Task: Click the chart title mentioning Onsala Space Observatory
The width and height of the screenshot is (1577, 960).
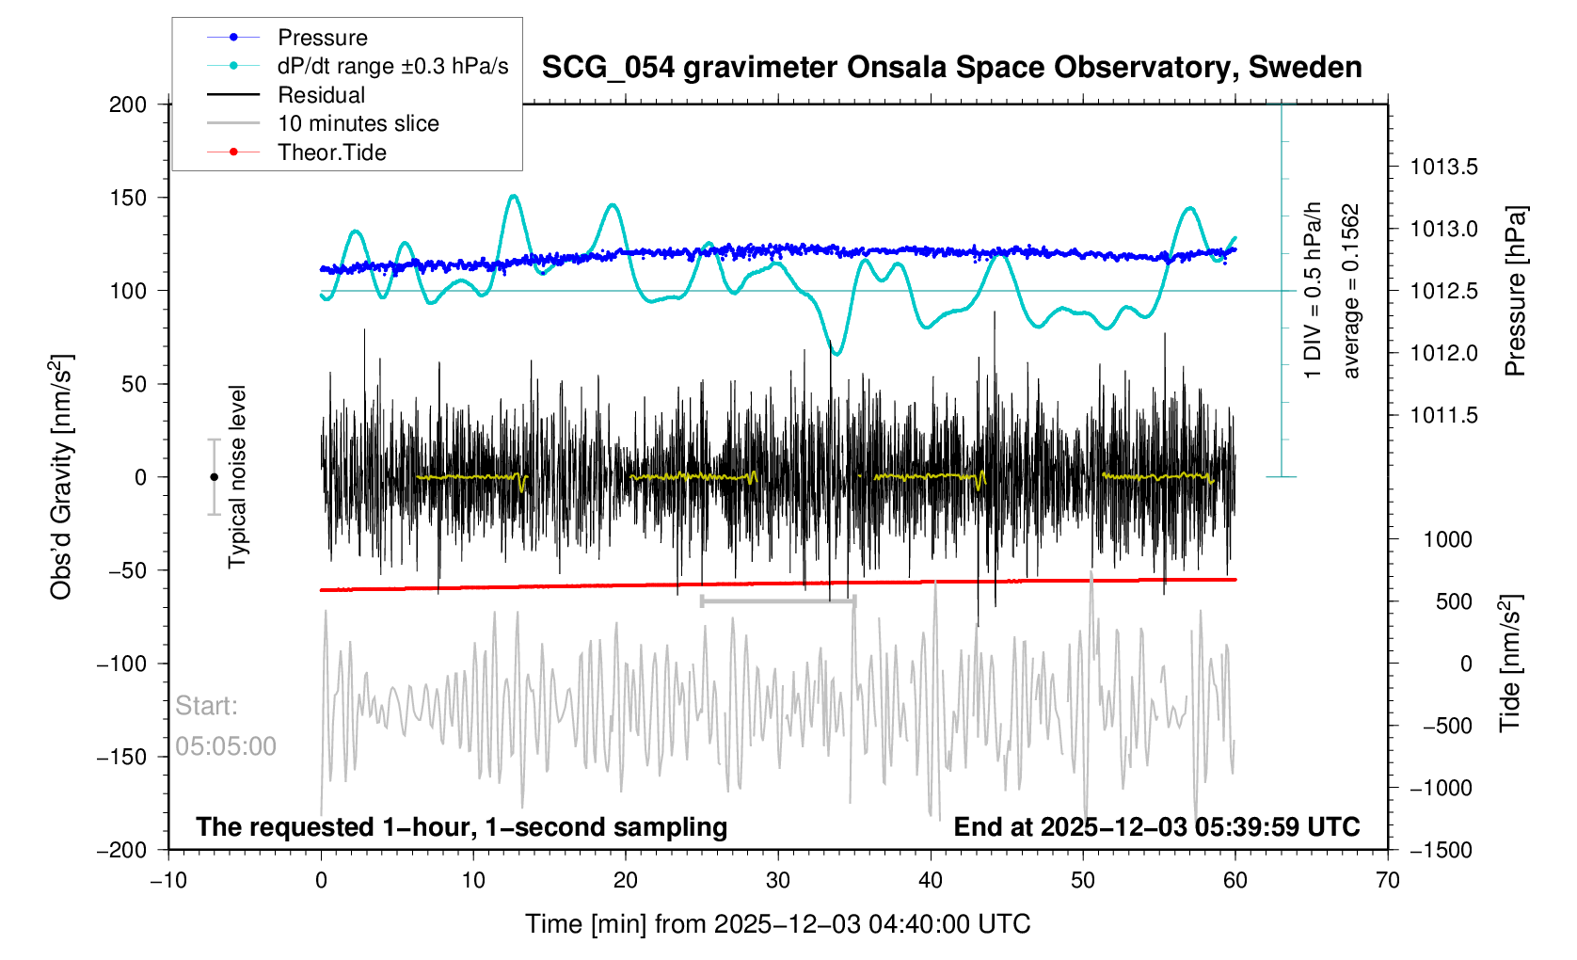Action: (x=951, y=68)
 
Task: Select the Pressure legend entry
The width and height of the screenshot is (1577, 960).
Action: (x=322, y=38)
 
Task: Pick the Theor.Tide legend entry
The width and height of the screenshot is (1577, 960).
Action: (x=331, y=152)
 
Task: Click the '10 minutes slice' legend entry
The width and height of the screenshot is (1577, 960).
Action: (x=358, y=123)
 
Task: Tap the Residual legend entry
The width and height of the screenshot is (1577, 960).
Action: (x=321, y=95)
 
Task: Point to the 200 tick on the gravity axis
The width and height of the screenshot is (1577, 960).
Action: (x=128, y=104)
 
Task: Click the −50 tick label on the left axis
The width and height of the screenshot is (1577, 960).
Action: (x=122, y=570)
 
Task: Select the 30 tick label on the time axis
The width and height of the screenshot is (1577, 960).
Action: (x=778, y=880)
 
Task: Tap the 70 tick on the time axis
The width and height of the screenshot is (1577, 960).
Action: (x=1388, y=880)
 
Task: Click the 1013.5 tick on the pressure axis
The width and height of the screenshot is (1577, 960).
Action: (x=1443, y=168)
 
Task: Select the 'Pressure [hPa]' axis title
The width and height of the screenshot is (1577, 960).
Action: (x=1515, y=291)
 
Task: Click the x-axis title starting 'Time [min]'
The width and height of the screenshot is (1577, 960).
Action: (x=777, y=924)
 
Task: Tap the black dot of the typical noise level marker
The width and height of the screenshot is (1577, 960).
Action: (x=214, y=477)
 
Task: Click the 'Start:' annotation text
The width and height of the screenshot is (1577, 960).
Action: (x=206, y=706)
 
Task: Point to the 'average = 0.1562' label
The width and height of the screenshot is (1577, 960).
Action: (x=1352, y=291)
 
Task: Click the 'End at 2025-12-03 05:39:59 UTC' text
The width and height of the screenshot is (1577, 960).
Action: (x=1156, y=827)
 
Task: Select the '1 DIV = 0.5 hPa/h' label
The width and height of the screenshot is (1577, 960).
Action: (x=1314, y=291)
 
